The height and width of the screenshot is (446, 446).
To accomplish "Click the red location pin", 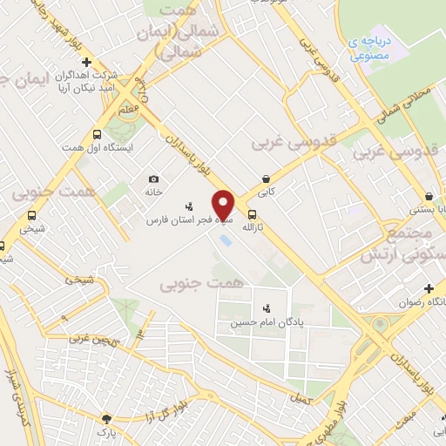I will [x=224, y=205].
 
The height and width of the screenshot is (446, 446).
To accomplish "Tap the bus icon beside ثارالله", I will [x=252, y=215].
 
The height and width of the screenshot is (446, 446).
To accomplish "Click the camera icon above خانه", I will [x=153, y=179].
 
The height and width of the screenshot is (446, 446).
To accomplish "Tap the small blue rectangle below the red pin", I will [x=226, y=239].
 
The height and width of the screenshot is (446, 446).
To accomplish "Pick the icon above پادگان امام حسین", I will [x=266, y=307].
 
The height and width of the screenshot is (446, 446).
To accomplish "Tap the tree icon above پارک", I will [x=106, y=418].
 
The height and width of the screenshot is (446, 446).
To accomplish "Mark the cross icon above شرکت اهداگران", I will [x=86, y=62].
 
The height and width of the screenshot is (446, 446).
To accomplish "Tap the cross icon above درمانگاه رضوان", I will [x=429, y=288].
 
